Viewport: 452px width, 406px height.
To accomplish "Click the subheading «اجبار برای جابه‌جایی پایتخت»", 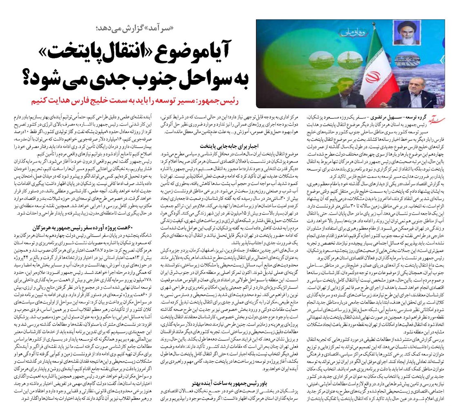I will pyautogui.click(x=227, y=145).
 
